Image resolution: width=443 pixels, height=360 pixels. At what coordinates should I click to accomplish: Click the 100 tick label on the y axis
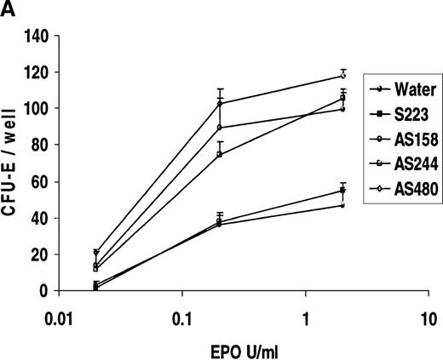tap(40, 109)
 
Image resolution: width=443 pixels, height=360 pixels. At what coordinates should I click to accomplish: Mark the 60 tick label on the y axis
tap(43, 181)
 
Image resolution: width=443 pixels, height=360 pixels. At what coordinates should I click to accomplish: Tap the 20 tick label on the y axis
tap(43, 254)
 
